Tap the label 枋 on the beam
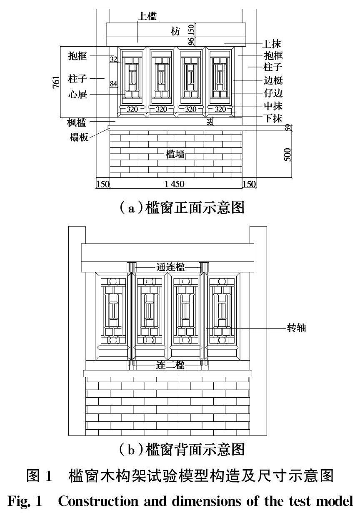[175, 31]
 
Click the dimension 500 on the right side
[287, 154]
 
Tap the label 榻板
[79, 137]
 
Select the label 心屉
[78, 95]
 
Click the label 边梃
[273, 81]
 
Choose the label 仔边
[273, 94]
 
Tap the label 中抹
[273, 107]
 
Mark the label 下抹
[273, 118]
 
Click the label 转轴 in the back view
[297, 328]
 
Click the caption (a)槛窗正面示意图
[180, 207]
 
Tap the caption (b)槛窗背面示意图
[180, 449]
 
